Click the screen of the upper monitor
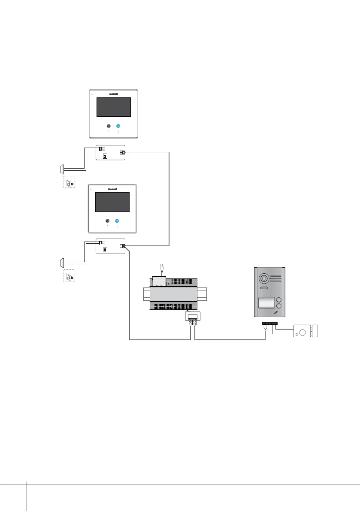113,107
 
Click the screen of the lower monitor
112,202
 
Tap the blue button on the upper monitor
118,126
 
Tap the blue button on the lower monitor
117,221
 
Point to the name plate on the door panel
266,303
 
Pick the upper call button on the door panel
279,300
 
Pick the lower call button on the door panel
279,308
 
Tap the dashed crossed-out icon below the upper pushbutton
69,183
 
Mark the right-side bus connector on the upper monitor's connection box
122,152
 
